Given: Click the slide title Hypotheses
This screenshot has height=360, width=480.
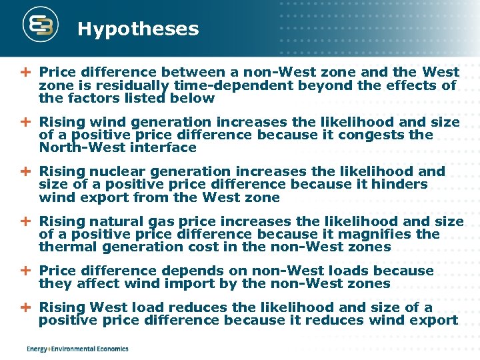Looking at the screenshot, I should click(138, 29).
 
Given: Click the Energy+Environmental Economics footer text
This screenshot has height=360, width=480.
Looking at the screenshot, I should click(77, 349).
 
